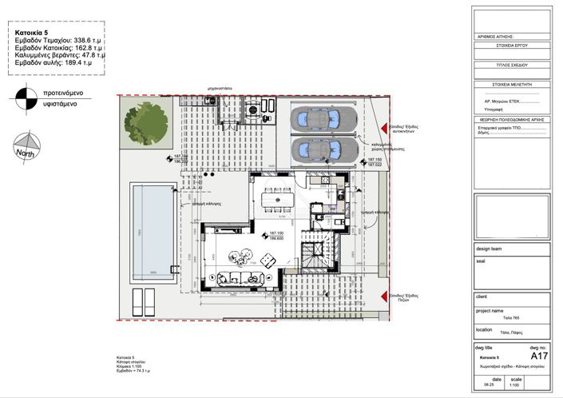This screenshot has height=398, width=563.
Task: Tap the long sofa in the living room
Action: tap(239, 279)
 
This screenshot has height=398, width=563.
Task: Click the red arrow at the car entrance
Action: tap(385, 128)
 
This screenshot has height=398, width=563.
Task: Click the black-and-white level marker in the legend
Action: tap(22, 98)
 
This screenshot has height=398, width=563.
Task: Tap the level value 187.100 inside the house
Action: tap(274, 233)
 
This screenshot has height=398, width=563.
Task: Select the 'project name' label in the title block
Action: tap(490, 310)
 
